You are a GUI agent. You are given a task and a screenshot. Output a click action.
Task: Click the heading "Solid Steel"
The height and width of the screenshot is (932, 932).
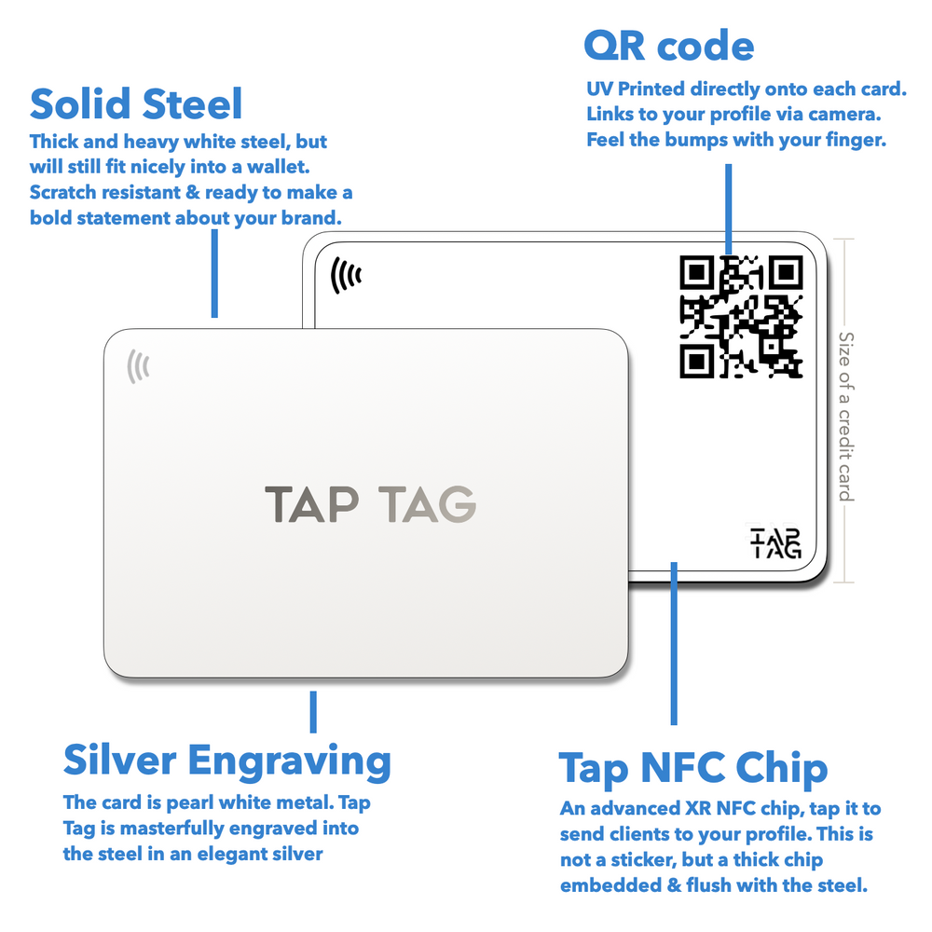click(136, 104)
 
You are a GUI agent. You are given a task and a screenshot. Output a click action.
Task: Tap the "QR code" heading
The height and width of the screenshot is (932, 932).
click(668, 45)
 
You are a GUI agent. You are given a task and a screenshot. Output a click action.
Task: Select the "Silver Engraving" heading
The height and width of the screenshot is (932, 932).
click(226, 761)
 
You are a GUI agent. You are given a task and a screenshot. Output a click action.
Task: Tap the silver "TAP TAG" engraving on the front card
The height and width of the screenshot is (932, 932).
click(370, 503)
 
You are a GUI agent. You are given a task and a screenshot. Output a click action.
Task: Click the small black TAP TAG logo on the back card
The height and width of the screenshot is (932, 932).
click(775, 542)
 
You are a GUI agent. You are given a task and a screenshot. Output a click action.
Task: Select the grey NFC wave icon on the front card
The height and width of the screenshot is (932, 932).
click(138, 366)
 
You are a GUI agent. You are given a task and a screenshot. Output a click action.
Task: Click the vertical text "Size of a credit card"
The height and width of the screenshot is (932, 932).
click(845, 416)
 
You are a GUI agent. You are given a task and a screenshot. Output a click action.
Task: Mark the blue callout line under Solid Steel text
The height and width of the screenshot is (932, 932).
click(214, 273)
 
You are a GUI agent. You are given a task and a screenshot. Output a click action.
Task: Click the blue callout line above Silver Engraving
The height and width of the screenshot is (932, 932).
click(313, 711)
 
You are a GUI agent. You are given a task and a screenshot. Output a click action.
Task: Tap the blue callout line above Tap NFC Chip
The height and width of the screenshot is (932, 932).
click(674, 643)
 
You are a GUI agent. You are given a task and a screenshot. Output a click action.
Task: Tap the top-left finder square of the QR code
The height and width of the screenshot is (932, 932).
click(697, 273)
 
